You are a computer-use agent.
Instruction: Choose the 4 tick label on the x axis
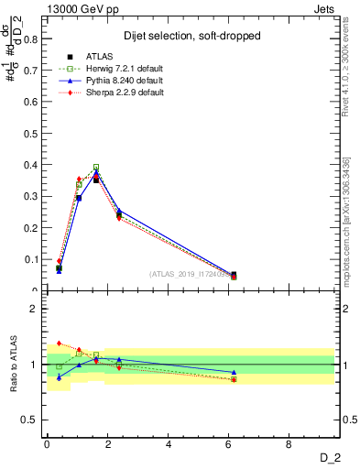click(x=169, y=444)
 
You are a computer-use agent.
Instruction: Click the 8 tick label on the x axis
click(x=289, y=444)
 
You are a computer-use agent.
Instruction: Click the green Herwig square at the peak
click(x=96, y=168)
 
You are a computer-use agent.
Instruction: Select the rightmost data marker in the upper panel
click(x=234, y=275)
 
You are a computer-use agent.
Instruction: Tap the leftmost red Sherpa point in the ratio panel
click(x=59, y=343)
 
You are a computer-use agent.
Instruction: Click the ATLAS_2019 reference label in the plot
click(x=193, y=274)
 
